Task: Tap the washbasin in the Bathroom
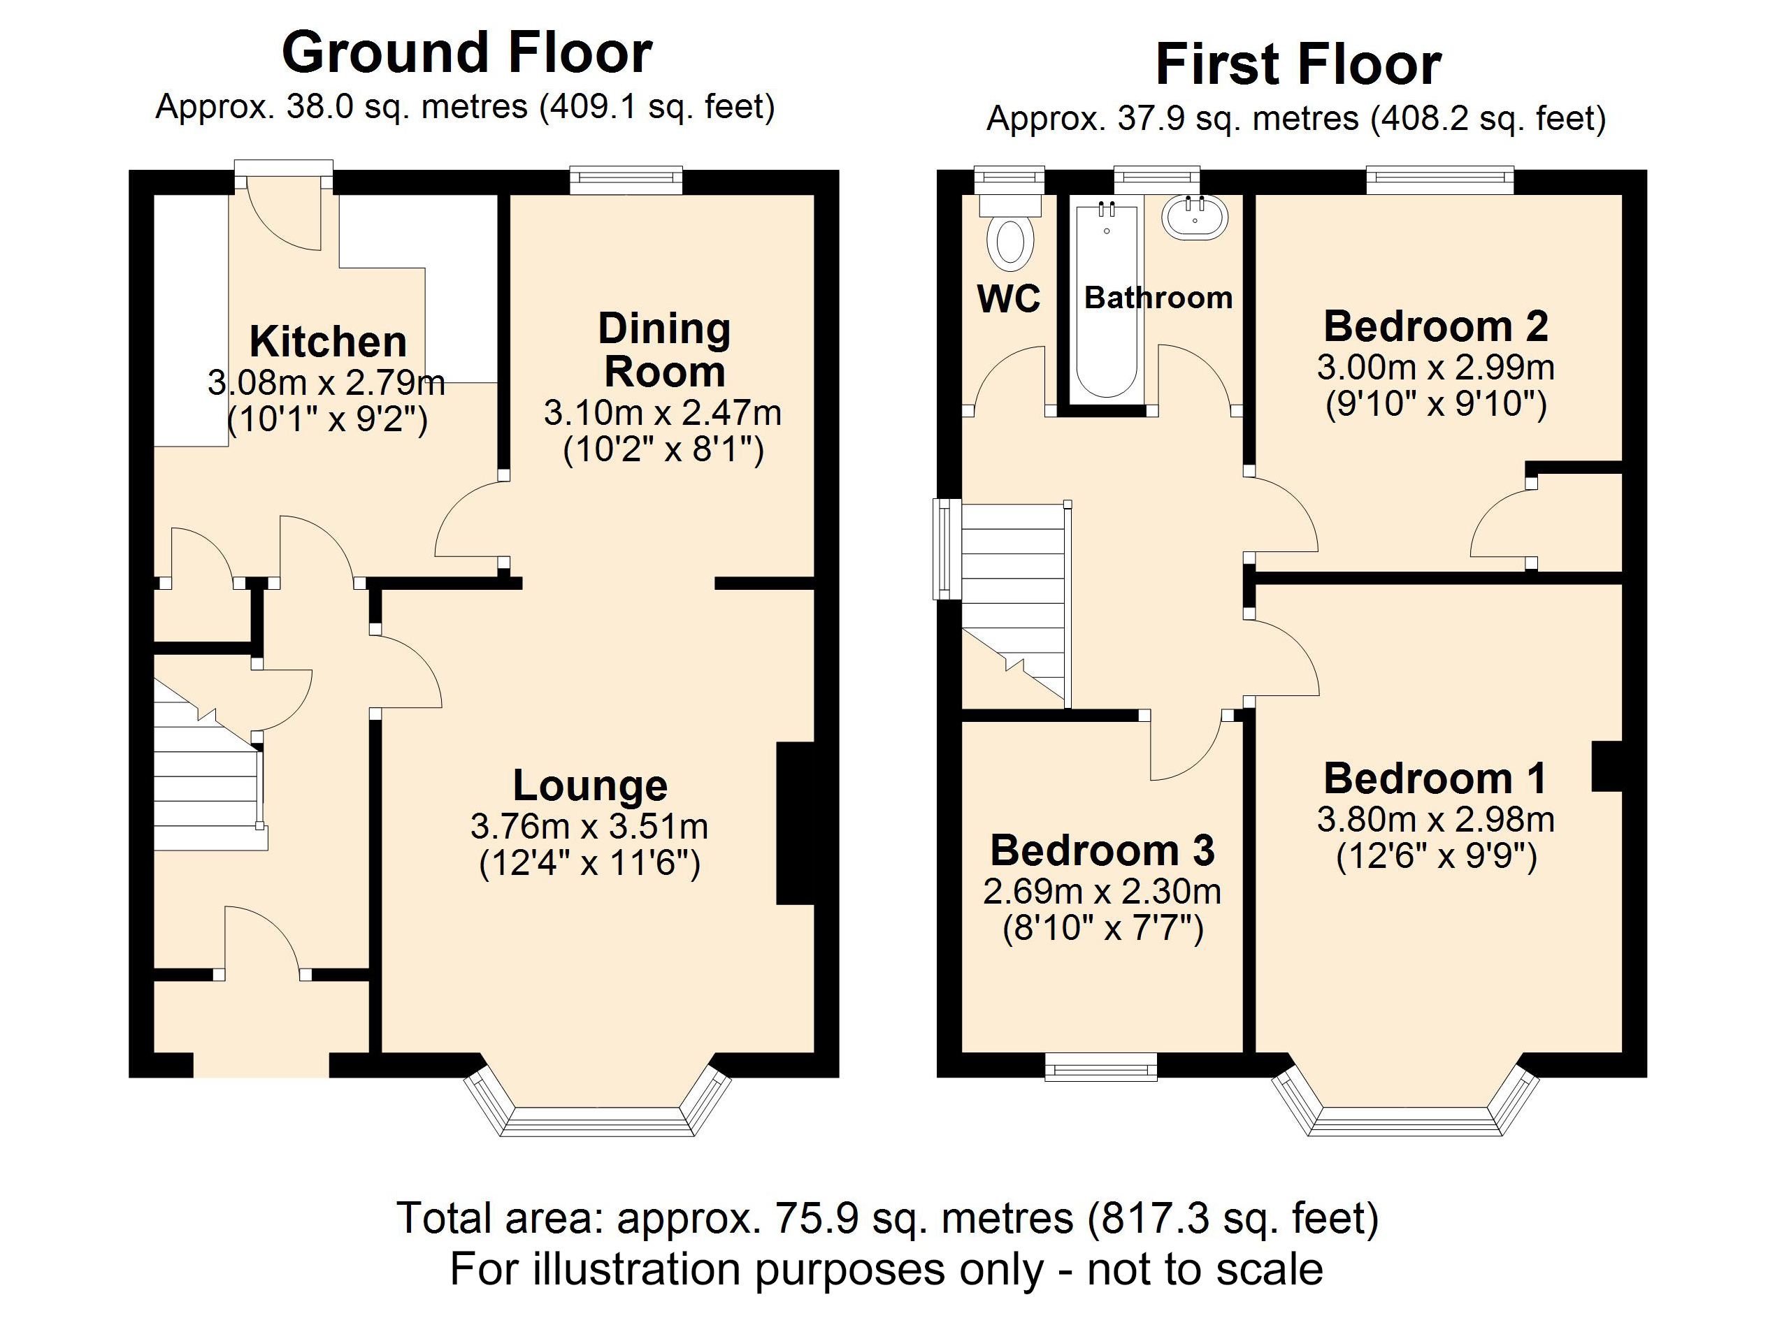[1195, 217]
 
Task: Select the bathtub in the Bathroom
[1107, 301]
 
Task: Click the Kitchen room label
[328, 342]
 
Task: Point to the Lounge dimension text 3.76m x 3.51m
[589, 826]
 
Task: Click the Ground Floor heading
[467, 53]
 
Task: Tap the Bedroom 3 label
[1102, 850]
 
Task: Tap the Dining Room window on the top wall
[626, 180]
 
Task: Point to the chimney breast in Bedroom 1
[1607, 766]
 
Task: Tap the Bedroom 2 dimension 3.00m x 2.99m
[1435, 368]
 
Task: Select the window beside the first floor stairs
[947, 549]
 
